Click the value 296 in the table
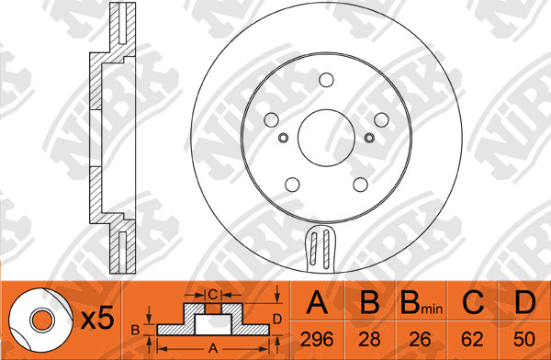[x=317, y=339]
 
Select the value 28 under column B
[x=369, y=339]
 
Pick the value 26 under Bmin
[x=420, y=339]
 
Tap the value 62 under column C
[x=472, y=339]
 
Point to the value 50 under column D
[x=524, y=339]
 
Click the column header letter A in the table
[x=317, y=302]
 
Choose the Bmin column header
[x=422, y=303]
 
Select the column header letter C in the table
[x=473, y=302]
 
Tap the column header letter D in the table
[x=525, y=302]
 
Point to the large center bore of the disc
[x=326, y=138]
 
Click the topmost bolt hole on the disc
[x=326, y=80]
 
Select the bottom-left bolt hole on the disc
[x=292, y=185]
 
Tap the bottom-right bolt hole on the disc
[x=361, y=185]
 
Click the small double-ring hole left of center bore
[x=283, y=138]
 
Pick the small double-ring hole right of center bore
[x=369, y=138]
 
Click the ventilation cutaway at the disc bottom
[x=320, y=249]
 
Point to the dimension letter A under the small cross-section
[x=213, y=349]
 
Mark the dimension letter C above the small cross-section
[x=213, y=295]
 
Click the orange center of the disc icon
[x=42, y=320]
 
